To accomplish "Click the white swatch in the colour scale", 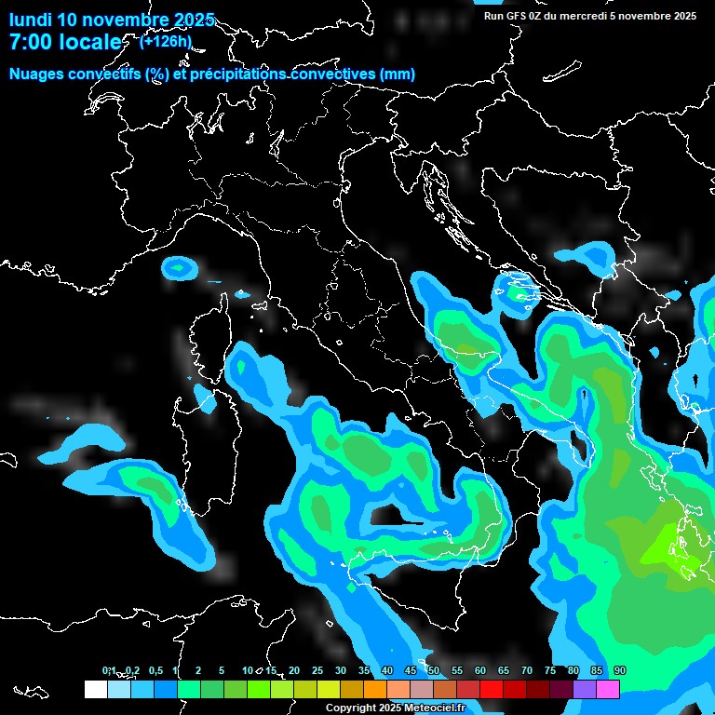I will tap(96, 689).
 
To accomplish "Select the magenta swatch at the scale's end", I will tap(608, 689).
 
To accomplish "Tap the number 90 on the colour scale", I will tap(620, 670).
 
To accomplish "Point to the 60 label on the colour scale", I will tap(480, 670).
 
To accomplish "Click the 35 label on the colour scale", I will tap(364, 670).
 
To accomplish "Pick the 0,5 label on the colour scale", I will tap(156, 670).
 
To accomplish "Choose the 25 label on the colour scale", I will tap(317, 670).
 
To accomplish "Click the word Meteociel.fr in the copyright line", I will tap(438, 708).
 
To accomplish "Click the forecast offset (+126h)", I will tap(166, 41).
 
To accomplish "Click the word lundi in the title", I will tap(31, 20).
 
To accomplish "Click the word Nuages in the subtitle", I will tap(37, 74).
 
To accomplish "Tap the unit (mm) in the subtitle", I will tap(398, 74).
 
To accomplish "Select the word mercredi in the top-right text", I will tap(577, 16).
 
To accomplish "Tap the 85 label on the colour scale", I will tap(597, 670).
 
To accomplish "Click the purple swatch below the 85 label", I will tap(585, 689).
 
